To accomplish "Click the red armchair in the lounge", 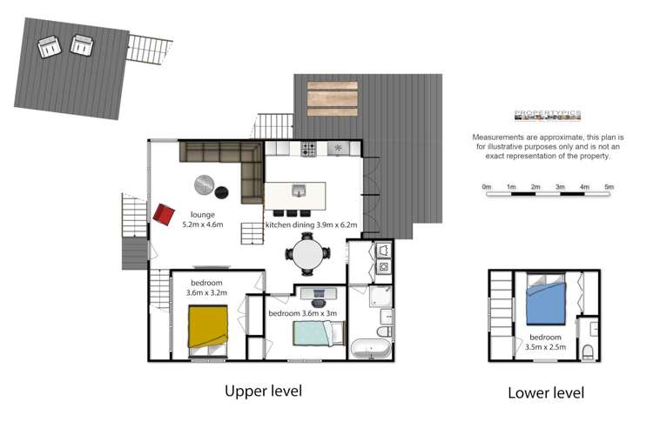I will pos(164,213).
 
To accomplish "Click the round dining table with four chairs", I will pos(307,256).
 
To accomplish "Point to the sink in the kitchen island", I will pos(299,191).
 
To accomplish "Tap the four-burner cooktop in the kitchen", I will pos(308,151).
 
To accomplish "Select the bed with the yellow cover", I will pos(209,328).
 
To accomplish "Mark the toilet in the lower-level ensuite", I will pos(589,351).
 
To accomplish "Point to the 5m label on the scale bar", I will pos(609,186).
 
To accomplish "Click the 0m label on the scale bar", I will pos(487,186).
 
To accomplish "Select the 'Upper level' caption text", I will pos(263,391).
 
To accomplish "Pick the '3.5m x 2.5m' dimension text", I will pos(545,347).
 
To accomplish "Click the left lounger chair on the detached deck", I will pos(48,46).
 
